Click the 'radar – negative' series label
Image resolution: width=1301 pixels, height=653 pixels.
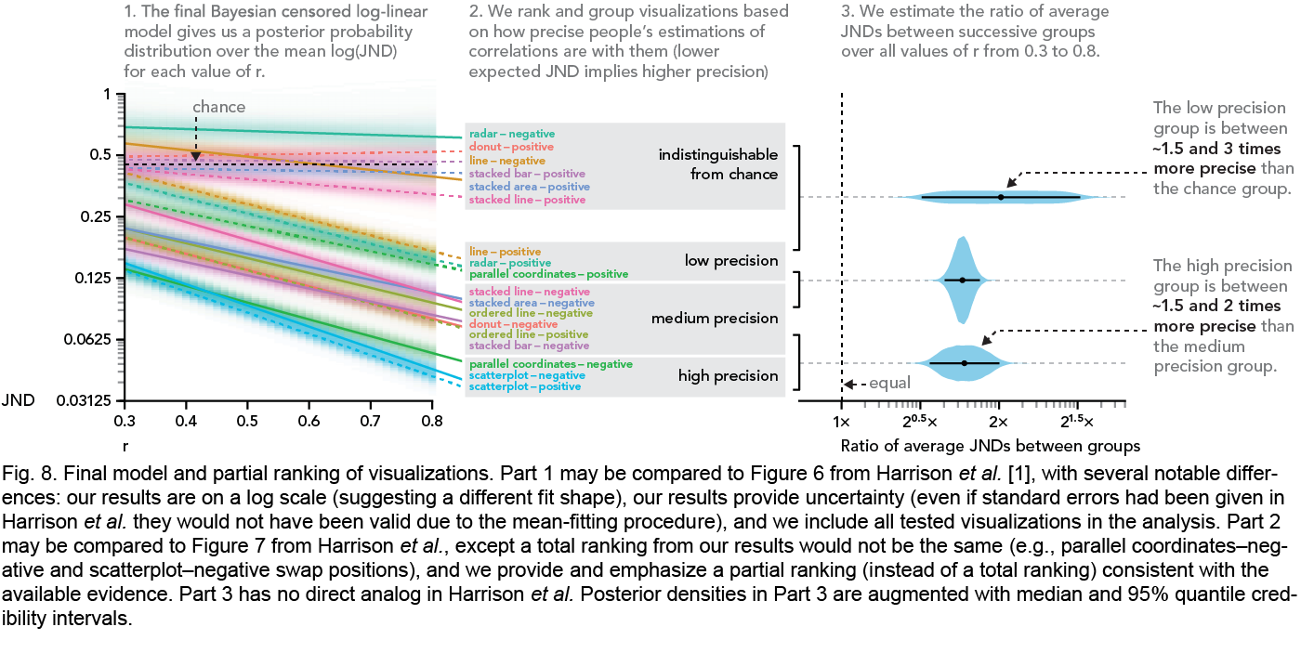[x=512, y=134]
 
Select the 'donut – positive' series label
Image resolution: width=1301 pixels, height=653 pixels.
[x=511, y=147]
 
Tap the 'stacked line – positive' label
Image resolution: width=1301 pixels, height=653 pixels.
[x=527, y=200]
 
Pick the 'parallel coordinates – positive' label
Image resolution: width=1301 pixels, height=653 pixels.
[x=548, y=274]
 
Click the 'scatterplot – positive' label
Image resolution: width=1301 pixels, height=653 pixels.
[x=524, y=386]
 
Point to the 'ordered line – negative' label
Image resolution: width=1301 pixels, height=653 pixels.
[x=531, y=313]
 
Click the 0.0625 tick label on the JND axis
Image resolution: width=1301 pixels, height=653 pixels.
[x=87, y=339]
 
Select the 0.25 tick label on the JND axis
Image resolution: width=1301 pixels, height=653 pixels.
[x=96, y=216]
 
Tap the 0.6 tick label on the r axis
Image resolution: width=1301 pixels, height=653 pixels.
[x=309, y=421]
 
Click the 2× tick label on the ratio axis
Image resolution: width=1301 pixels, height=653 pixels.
[x=999, y=422]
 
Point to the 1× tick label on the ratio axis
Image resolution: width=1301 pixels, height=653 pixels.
[x=841, y=422]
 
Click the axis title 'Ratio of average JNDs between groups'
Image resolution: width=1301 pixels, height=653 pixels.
[x=991, y=446]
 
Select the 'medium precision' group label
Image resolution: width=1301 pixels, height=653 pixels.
[x=714, y=318]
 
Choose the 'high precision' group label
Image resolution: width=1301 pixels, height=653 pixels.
[x=728, y=376]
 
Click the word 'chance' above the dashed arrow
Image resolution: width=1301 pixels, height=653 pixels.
[x=219, y=107]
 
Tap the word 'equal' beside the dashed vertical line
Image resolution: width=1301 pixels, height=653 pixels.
[x=890, y=383]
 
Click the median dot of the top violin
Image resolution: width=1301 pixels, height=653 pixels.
[x=1001, y=197]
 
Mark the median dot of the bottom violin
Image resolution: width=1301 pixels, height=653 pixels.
[x=965, y=363]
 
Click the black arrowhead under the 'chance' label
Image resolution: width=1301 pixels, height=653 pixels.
[x=196, y=157]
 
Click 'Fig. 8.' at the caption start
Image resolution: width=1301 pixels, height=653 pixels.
[x=29, y=474]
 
